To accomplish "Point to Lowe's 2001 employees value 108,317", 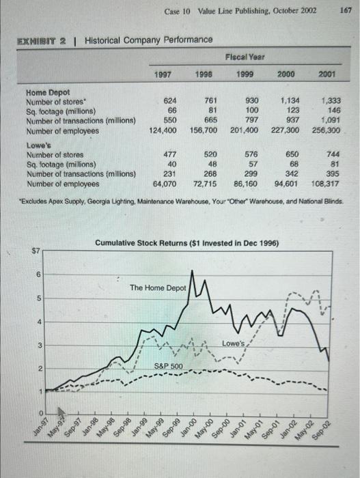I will [324, 184].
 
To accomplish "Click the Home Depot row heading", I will [47, 92].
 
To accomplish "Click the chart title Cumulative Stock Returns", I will [186, 243].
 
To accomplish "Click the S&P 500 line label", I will [167, 367].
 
